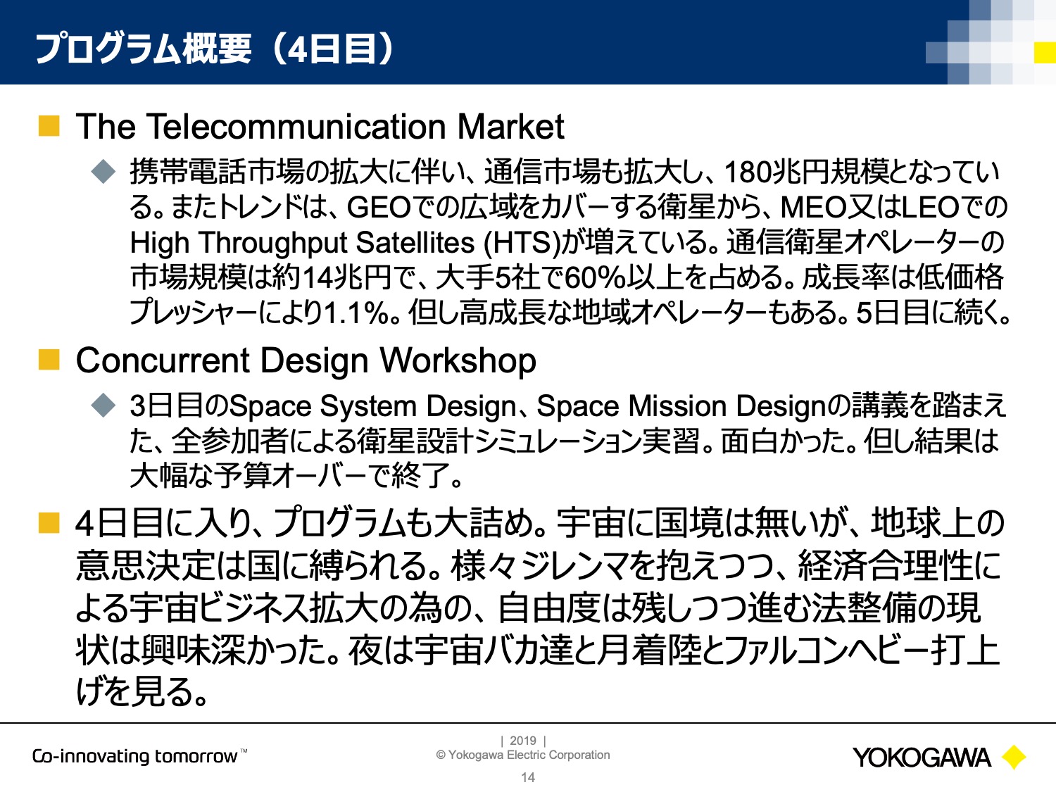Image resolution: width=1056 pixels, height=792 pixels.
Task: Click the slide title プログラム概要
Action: [144, 49]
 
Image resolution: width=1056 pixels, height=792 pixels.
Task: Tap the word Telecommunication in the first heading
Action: [296, 127]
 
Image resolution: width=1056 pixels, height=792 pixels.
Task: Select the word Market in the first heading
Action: [510, 127]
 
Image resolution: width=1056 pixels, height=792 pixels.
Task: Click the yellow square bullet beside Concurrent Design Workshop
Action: [49, 360]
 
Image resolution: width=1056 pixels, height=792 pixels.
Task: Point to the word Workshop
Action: [458, 362]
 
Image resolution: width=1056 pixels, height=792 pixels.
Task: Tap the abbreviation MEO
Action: [814, 208]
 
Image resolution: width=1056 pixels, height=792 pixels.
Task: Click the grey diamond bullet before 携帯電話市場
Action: [103, 172]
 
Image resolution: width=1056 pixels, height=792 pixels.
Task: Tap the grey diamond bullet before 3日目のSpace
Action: [103, 406]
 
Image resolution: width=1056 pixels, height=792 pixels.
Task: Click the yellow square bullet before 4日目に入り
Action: [49, 523]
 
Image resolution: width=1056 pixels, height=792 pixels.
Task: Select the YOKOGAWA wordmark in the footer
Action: [922, 758]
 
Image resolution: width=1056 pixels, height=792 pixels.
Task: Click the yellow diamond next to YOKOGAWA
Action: [1014, 757]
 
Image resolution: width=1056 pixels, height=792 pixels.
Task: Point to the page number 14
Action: [528, 778]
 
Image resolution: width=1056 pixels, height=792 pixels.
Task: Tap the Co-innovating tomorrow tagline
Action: [139, 756]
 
